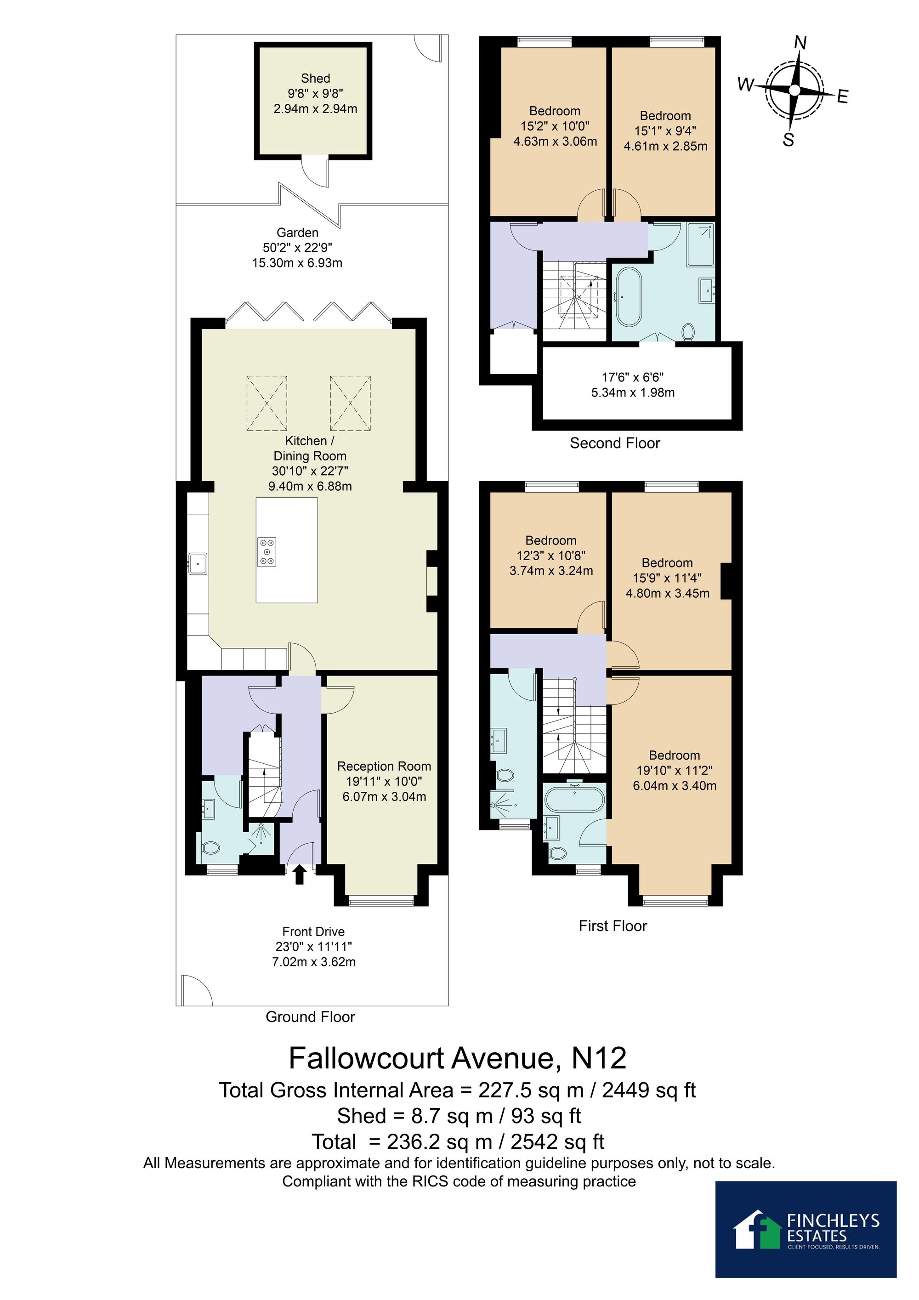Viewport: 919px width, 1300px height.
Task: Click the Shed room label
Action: (x=315, y=78)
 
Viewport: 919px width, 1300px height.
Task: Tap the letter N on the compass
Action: (x=800, y=42)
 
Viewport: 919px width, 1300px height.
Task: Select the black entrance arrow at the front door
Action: (x=300, y=874)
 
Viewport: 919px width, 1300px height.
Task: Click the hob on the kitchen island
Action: (x=268, y=551)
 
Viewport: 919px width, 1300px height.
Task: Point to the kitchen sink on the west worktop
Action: (x=198, y=564)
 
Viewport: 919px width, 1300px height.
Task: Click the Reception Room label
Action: (x=384, y=766)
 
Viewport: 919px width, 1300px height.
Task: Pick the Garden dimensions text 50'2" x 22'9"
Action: (x=297, y=247)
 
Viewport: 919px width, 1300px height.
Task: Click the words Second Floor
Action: (x=615, y=443)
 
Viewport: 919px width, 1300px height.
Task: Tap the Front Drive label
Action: (x=313, y=931)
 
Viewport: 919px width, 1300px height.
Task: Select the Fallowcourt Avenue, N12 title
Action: (x=458, y=1058)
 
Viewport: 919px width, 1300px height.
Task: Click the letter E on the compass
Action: (x=843, y=97)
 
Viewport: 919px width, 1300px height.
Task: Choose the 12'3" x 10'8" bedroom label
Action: (x=551, y=556)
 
